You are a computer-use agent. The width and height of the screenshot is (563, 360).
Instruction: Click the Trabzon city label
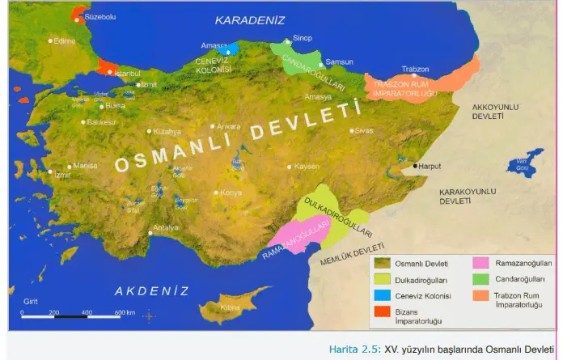[x=415, y=69]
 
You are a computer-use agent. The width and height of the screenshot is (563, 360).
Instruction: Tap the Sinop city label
[x=302, y=37]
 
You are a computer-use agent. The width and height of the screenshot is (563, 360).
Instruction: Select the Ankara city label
[x=228, y=126]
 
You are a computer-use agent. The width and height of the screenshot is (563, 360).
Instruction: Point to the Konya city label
[x=231, y=193]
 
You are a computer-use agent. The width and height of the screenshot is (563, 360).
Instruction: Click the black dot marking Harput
[x=415, y=166]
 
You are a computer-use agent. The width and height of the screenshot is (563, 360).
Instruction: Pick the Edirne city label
[x=64, y=40]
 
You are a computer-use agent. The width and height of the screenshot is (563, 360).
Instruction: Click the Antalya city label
[x=166, y=227]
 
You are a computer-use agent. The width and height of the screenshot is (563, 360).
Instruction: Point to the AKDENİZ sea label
[x=151, y=290]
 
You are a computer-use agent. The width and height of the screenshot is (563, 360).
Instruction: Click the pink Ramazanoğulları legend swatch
[x=480, y=264]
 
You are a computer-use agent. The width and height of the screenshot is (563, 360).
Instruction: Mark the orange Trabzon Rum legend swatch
[x=480, y=296]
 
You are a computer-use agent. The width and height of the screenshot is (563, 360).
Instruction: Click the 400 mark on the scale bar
[x=87, y=311]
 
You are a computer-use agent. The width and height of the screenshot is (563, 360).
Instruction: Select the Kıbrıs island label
[x=231, y=307]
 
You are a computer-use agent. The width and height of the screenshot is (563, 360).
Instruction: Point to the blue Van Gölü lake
[x=525, y=163]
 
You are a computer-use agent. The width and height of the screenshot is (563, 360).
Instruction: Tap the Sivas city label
[x=365, y=129]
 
